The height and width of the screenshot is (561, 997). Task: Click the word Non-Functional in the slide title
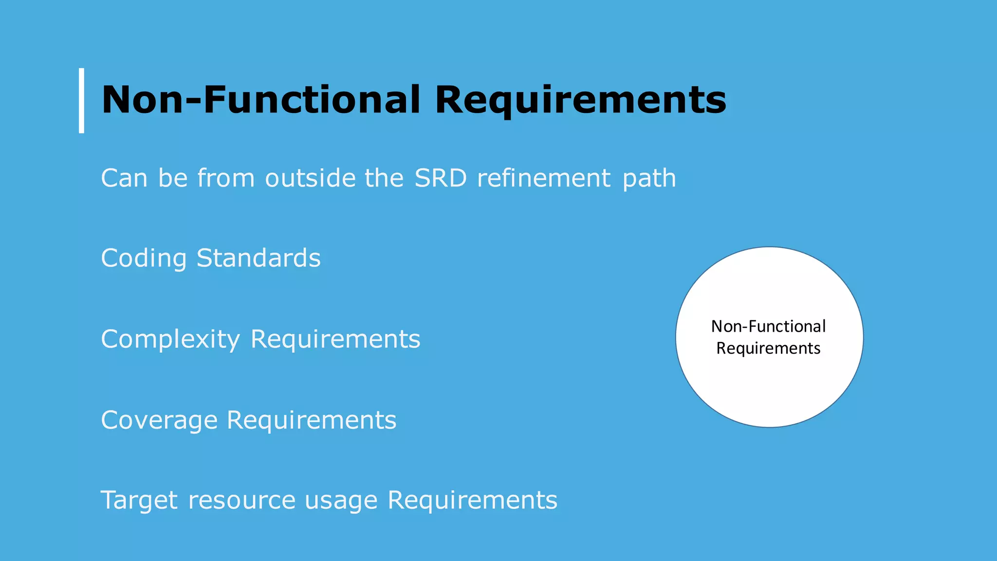pos(260,100)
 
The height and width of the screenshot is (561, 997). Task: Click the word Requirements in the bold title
pos(580,100)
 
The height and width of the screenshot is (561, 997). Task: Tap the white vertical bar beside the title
pos(82,100)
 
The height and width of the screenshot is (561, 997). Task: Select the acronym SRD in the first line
pos(441,178)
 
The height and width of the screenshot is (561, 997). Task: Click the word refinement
pos(543,178)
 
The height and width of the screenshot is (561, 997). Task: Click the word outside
pos(310,178)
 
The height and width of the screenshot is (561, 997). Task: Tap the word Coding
pos(144,259)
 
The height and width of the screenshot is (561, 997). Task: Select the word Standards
pos(258,258)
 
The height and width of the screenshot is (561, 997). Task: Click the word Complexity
pos(170,339)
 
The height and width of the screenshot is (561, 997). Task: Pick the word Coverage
pos(159,420)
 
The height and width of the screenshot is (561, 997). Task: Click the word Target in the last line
pos(139,501)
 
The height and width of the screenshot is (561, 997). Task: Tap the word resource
pos(241,501)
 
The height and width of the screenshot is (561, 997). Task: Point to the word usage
pos(341,501)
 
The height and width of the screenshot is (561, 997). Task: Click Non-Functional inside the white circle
pos(768,326)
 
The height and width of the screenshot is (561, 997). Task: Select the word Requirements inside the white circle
pos(768,349)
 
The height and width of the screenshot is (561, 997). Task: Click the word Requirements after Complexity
pos(335,339)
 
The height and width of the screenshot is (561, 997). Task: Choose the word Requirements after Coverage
pos(312,420)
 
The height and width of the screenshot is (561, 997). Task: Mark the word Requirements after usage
pos(472,501)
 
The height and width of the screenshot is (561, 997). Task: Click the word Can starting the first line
pos(124,178)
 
